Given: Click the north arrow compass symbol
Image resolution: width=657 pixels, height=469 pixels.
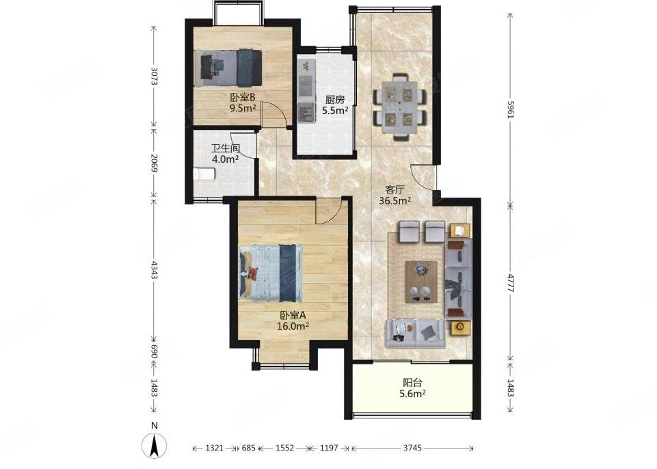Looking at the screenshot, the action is point(155,445).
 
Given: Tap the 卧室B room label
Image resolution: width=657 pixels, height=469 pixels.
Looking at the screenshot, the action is point(243,98).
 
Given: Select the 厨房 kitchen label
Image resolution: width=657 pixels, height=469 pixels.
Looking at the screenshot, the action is point(335,100).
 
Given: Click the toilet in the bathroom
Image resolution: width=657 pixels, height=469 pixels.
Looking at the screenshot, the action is point(204,174).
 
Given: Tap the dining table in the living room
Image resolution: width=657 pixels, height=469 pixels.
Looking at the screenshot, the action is point(401,107).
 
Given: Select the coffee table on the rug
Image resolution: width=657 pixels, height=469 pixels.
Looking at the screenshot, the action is point(422,282).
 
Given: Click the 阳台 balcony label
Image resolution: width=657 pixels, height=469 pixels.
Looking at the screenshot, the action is point(412,382).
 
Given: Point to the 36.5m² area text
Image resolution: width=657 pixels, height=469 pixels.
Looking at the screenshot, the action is point(394,201).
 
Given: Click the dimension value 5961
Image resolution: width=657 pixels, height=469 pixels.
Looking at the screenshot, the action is point(510,110).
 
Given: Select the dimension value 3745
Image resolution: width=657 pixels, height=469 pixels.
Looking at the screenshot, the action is point(412,448).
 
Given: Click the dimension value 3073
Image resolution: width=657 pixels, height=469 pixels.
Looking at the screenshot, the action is point(154,77).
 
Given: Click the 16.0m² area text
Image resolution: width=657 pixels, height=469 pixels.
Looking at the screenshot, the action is point(293,325).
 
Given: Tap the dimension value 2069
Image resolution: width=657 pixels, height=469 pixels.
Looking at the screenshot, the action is point(154,162).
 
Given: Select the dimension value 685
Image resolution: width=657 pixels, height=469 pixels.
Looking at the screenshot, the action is point(248,448).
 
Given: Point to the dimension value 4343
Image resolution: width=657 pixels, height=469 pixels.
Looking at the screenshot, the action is point(154,270).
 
